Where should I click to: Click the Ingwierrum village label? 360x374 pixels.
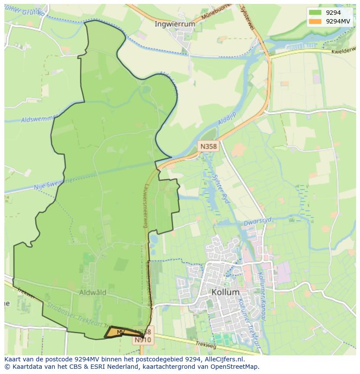175,24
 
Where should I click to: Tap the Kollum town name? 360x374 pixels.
226,292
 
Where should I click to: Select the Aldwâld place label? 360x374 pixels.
93,293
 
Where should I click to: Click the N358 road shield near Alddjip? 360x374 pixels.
208,146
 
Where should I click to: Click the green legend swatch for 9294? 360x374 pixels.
315,13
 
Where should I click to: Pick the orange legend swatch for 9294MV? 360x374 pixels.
315,21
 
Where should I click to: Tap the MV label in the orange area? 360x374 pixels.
121,332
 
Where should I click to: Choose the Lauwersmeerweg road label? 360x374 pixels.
145,205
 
